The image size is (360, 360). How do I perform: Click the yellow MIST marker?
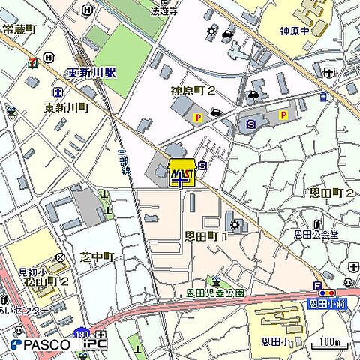click(182, 173)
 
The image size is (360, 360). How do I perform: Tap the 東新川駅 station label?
click(91, 73)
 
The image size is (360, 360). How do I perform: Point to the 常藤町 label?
click(19, 29)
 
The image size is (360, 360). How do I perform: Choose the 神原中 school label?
click(295, 32)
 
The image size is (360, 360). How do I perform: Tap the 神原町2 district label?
click(193, 91)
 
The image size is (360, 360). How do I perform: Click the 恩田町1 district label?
click(205, 235)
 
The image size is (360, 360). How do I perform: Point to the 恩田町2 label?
click(331, 193)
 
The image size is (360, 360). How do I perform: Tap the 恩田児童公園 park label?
click(214, 293)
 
